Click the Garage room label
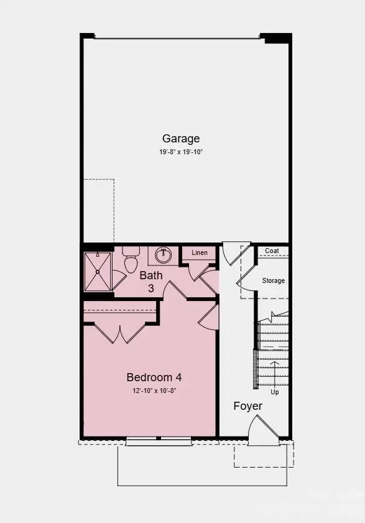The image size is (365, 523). click(181, 139)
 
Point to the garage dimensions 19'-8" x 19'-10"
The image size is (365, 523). click(181, 152)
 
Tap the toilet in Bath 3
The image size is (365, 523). click(131, 261)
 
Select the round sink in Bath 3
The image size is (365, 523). click(164, 254)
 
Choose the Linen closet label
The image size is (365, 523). click(200, 252)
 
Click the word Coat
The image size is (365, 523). click(272, 251)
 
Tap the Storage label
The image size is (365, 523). click(273, 280)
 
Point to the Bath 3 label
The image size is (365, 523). click(151, 281)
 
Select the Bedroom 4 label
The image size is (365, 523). click(154, 377)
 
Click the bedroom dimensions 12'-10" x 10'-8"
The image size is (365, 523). click(154, 391)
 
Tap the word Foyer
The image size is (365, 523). click(247, 406)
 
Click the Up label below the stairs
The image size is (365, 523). click(274, 392)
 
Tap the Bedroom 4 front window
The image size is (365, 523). click(158, 442)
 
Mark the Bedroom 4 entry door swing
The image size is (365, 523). click(210, 316)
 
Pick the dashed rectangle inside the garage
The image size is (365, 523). click(98, 210)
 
